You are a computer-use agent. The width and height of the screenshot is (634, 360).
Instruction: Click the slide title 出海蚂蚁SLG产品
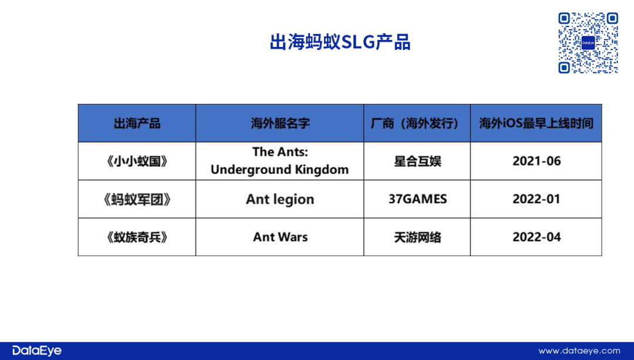point(340,42)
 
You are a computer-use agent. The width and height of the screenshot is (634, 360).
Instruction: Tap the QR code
point(588,43)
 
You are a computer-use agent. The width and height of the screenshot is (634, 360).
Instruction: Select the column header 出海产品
point(137,123)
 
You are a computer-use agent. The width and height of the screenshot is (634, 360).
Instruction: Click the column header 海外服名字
point(280,123)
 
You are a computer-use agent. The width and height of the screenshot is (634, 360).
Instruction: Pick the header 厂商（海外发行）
point(417,123)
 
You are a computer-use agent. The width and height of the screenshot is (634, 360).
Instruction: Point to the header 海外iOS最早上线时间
point(536,123)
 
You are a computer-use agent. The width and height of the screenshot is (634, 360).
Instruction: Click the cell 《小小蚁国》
point(137,161)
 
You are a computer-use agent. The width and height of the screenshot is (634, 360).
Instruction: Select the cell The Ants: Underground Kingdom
point(280,160)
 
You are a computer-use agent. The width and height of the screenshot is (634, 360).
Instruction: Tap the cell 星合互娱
point(417,161)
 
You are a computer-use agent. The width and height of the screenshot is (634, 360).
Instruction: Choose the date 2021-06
point(537,161)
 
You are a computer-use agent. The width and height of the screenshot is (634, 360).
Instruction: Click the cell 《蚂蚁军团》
point(137,199)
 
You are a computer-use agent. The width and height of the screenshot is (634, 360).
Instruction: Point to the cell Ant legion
point(280,200)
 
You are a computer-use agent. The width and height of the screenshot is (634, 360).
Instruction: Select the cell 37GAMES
point(418,199)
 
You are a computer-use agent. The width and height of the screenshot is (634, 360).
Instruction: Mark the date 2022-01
point(537,199)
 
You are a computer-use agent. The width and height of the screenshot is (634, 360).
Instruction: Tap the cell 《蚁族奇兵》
point(137,237)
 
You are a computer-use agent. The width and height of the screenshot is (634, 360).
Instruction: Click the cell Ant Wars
point(280,237)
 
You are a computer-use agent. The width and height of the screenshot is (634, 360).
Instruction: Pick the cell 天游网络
point(417,237)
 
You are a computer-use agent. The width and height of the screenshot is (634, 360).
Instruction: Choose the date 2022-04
point(537,237)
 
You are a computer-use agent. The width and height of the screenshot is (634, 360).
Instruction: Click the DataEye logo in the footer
point(37,351)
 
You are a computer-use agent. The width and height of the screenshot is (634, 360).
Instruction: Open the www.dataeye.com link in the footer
point(579,351)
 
